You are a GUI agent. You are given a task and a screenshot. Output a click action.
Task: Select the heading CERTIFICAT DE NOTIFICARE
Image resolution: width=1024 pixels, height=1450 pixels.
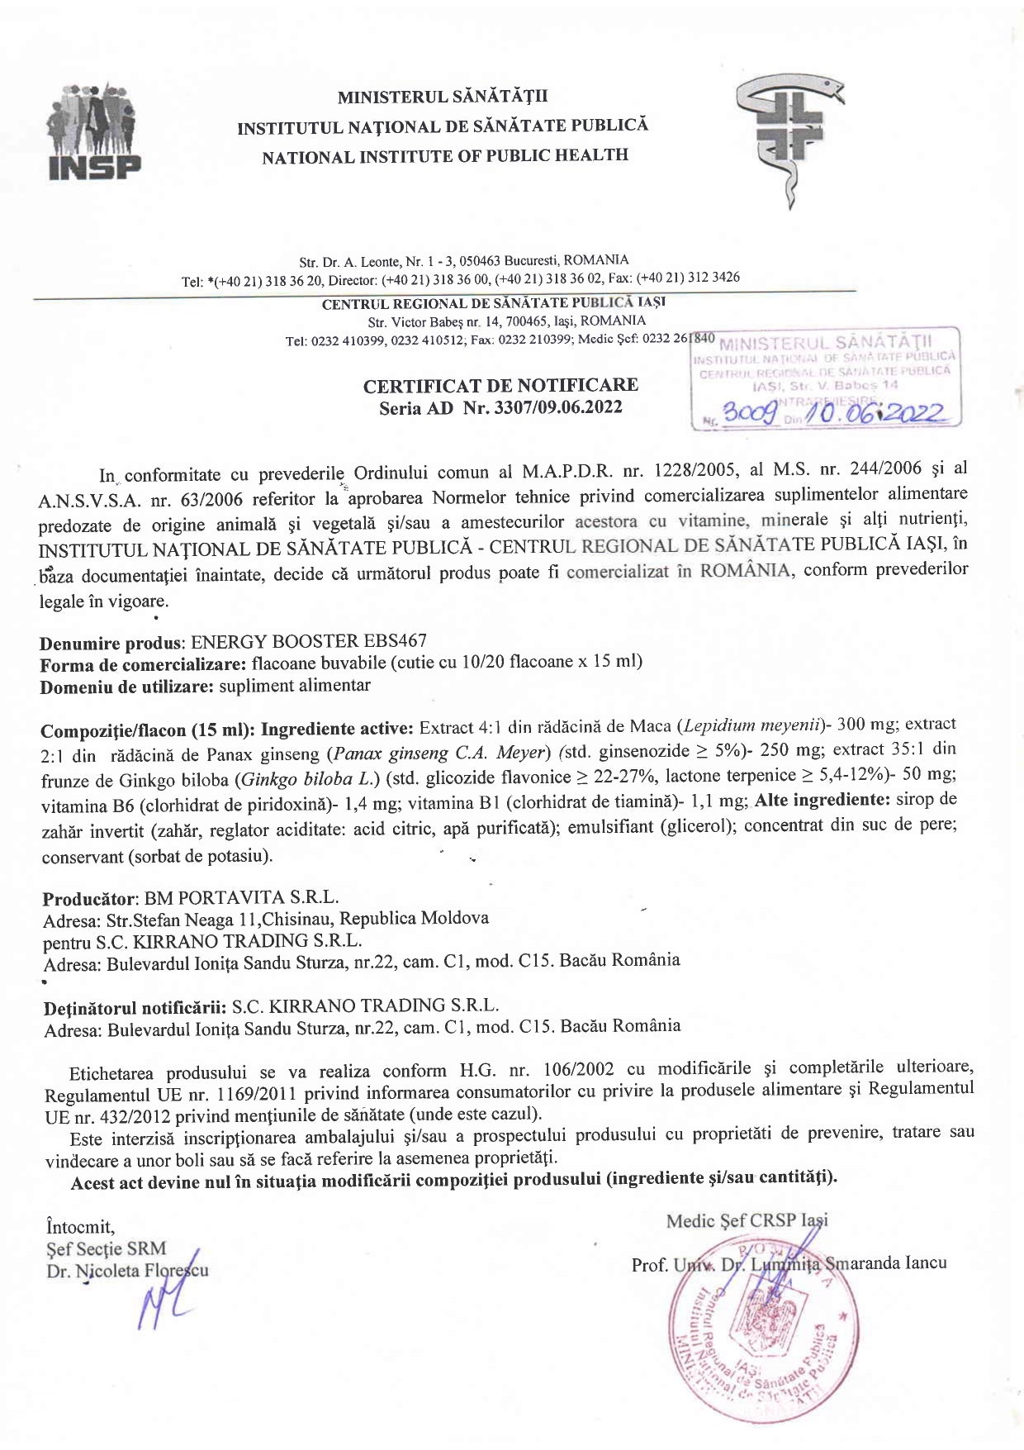tap(500, 385)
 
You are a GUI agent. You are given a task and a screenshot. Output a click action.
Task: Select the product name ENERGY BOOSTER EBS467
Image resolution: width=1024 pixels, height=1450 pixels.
tap(308, 641)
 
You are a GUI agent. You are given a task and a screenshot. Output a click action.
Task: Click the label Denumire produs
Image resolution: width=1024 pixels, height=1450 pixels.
tap(111, 643)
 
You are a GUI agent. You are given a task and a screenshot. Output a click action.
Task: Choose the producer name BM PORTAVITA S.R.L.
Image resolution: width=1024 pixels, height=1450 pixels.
tap(241, 897)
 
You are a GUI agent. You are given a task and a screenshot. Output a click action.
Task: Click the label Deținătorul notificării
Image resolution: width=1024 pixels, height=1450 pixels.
tap(135, 1007)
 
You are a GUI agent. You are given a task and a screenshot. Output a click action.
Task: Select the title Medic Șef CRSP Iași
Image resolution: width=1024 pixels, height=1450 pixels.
tap(747, 1220)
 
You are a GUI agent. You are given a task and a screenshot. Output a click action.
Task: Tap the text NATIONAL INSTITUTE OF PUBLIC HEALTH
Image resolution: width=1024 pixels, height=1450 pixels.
tap(445, 156)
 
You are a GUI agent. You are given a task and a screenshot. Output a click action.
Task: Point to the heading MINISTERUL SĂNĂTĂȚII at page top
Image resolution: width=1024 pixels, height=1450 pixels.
tap(443, 97)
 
